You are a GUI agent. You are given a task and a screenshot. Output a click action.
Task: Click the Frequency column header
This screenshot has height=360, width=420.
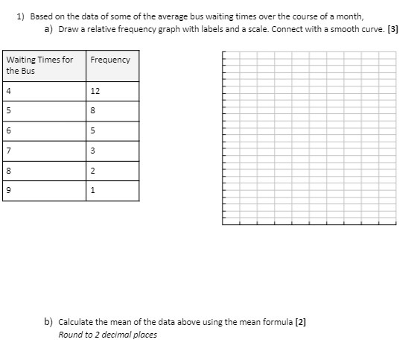109,60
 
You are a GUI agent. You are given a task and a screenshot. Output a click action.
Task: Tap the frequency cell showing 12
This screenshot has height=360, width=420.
95,91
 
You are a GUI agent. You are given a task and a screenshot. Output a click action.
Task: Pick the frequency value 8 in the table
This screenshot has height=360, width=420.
93,111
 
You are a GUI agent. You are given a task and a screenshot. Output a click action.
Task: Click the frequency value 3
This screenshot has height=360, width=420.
93,151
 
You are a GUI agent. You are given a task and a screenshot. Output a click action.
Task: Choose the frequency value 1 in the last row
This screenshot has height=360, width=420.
93,192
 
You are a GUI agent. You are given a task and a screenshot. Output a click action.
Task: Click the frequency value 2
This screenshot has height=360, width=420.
93,171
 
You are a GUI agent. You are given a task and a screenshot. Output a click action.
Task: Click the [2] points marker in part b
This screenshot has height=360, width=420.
301,322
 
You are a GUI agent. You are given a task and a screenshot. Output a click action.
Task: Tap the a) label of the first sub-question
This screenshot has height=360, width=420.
48,28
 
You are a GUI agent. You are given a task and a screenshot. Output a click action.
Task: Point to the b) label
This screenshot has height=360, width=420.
48,322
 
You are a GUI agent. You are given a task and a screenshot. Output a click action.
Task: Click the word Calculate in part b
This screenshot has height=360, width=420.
76,322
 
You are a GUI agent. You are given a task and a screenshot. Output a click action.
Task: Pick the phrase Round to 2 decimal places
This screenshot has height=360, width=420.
107,335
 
